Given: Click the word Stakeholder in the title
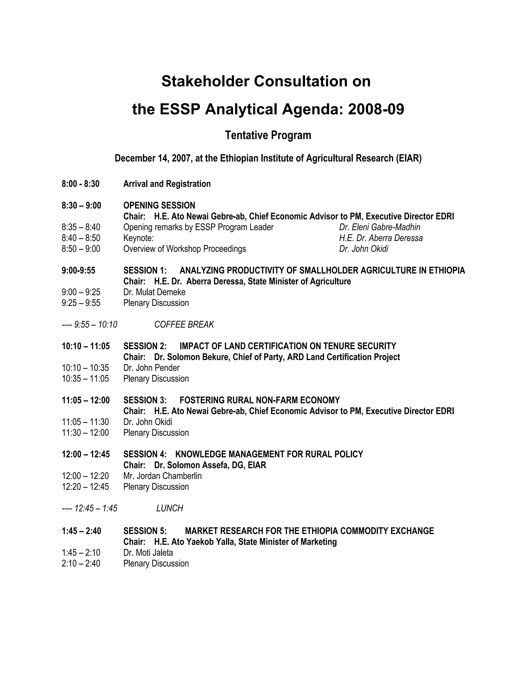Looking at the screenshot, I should tap(205, 81).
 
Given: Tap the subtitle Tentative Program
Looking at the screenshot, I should tap(268, 135).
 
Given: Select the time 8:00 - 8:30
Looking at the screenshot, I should tap(80, 184).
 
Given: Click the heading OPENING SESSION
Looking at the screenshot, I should tap(159, 205).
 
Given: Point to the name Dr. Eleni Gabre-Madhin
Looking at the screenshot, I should tap(380, 227).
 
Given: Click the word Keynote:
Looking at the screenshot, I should tap(138, 238).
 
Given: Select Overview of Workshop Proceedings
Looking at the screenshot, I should tap(184, 249).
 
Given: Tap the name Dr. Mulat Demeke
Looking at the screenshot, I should tap(154, 292).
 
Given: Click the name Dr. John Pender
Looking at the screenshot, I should tap(151, 368).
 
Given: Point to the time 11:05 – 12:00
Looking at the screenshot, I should tap(86, 400).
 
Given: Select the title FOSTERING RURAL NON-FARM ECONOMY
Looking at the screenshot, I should tap(259, 400).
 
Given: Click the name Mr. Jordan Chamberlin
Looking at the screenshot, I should tap(162, 476).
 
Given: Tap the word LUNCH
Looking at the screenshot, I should tap(169, 508).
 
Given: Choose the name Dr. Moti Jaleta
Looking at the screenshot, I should tap(148, 553).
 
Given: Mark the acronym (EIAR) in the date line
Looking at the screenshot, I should tap(409, 158).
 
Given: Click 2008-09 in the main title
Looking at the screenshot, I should tap(376, 109).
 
